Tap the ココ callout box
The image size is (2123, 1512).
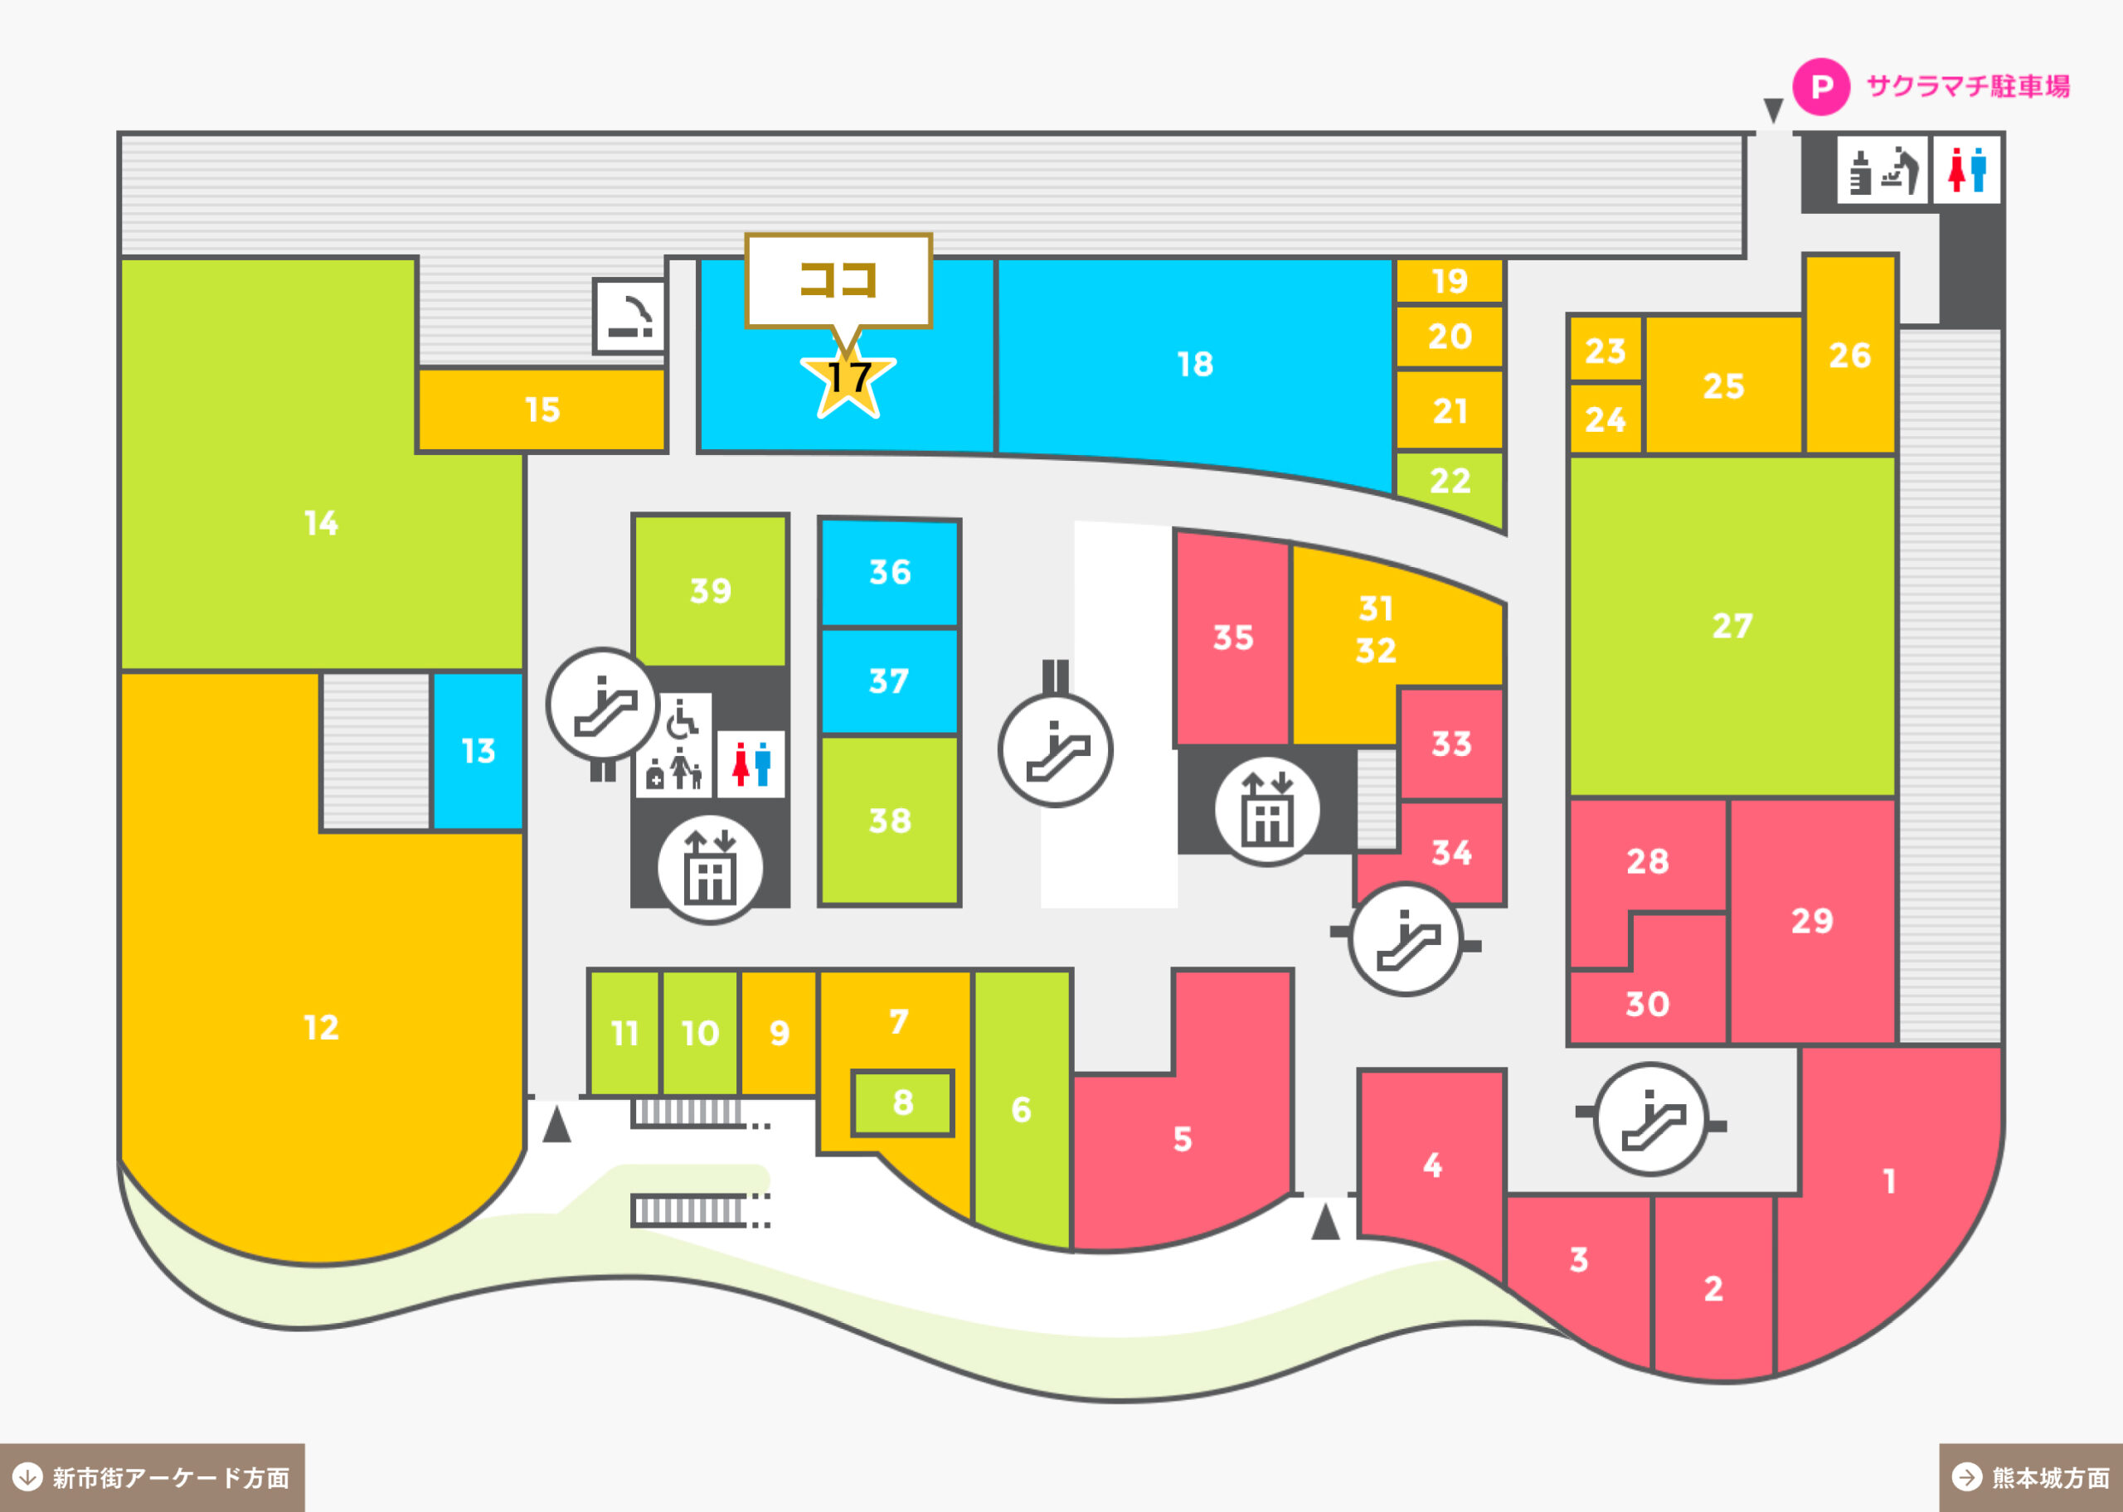(838, 280)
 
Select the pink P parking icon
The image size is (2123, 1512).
(1821, 86)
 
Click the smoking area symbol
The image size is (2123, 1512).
(630, 316)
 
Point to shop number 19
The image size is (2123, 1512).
(1449, 280)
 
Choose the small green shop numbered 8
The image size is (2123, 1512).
(902, 1103)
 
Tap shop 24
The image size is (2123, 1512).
(1606, 419)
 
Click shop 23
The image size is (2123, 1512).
(1606, 350)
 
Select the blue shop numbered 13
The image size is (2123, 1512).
(478, 750)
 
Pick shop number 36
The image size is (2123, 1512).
(889, 572)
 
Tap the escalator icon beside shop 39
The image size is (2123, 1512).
(604, 705)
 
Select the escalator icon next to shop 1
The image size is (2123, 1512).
(1651, 1119)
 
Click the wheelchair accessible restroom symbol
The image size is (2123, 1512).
(682, 718)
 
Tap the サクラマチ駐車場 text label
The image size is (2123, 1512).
(1967, 86)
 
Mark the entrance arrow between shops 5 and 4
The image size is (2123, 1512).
(1325, 1222)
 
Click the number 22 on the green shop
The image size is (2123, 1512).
(1450, 481)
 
